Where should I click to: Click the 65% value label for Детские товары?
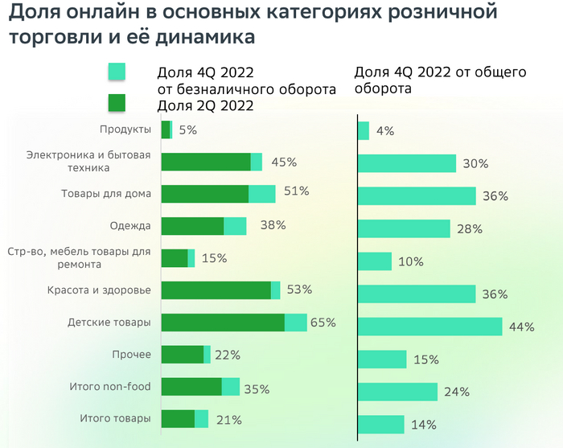coord(323,323)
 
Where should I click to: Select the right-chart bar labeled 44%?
coord(429,327)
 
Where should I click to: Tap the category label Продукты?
coord(125,129)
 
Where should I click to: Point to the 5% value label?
coord(187,129)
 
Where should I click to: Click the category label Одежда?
coord(130,226)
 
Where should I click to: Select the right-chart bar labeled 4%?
coord(364,130)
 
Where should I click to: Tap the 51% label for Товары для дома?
coord(297,191)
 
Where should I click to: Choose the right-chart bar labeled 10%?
coord(374,261)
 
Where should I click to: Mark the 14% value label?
coord(424,425)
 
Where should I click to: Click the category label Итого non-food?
coord(110,387)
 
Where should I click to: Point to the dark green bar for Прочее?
coord(183,355)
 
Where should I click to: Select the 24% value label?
coord(457,392)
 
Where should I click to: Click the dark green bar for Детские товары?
coord(223,323)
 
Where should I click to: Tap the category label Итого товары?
coord(116,419)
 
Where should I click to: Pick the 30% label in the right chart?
coord(476,163)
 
